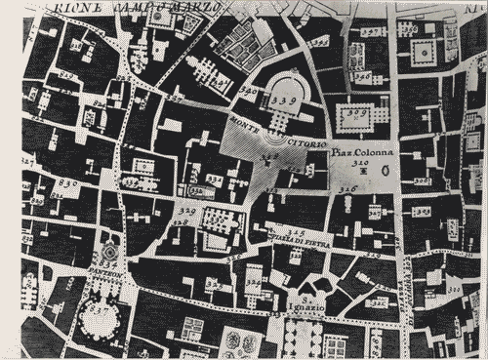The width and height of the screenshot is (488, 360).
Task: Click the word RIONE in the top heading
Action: point(73,9)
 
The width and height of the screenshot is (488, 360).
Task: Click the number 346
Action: point(361,75)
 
